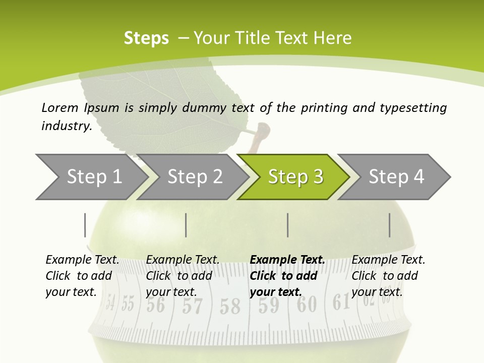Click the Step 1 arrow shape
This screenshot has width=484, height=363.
point(91,177)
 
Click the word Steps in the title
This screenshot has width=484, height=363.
point(146,38)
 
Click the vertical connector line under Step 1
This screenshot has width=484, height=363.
point(85,225)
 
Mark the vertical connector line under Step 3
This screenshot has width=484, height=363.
point(288,225)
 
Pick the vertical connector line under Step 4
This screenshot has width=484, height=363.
point(390,225)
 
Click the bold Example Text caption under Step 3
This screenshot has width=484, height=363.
point(287,276)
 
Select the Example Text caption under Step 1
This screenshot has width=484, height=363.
point(82,276)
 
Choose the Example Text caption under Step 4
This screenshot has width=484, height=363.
point(388,276)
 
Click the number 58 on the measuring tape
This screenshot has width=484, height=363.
point(230,306)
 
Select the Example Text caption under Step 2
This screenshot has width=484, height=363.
point(183,276)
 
